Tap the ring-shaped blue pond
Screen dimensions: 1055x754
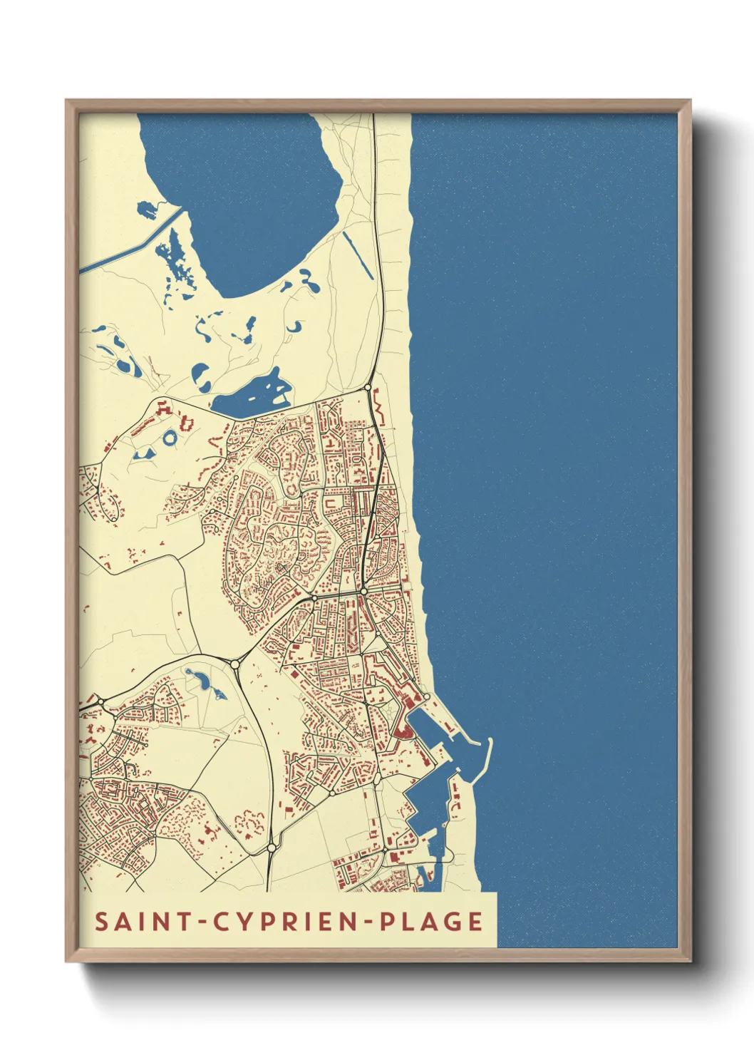(x=170, y=437)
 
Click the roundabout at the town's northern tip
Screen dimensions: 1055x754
(x=368, y=388)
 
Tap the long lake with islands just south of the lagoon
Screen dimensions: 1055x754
(x=249, y=396)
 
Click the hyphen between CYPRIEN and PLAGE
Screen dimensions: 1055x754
(x=369, y=922)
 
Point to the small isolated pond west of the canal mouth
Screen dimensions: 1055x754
(x=146, y=210)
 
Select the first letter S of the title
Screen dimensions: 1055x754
(x=101, y=921)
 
